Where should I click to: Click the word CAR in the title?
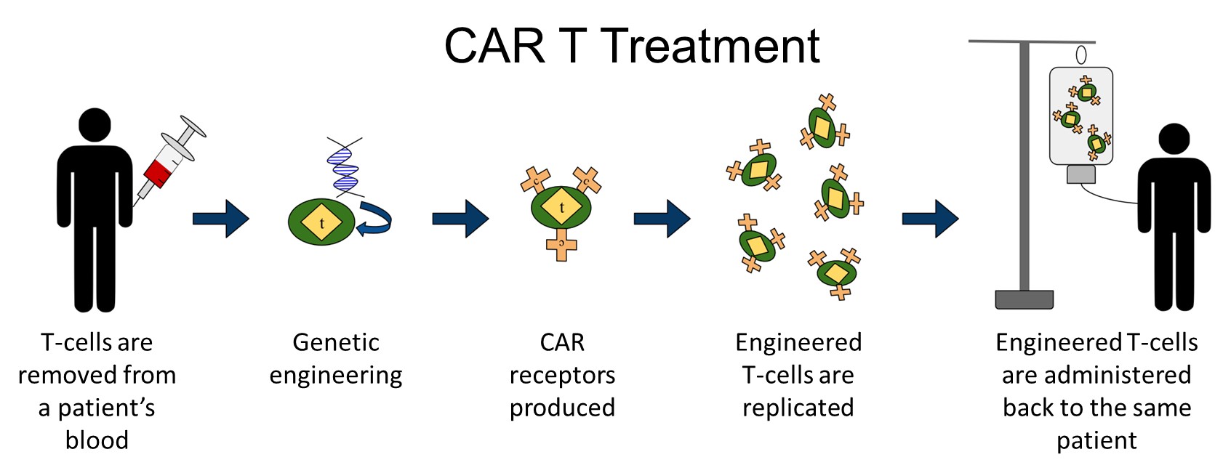(x=495, y=46)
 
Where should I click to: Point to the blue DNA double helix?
(x=344, y=167)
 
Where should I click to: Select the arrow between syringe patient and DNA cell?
(x=221, y=219)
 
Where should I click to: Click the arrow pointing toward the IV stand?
(x=931, y=219)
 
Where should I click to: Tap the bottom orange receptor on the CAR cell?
(x=561, y=246)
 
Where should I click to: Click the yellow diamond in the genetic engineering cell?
(x=321, y=222)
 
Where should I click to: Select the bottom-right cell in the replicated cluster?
(x=836, y=272)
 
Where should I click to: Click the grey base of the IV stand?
(x=1024, y=299)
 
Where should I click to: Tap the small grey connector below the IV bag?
(x=1081, y=174)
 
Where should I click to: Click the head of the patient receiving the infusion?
(x=1174, y=140)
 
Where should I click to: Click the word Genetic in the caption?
(x=336, y=343)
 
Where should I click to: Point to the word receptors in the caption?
(x=562, y=376)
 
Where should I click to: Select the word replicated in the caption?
(x=798, y=408)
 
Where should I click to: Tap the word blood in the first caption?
(x=97, y=440)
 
